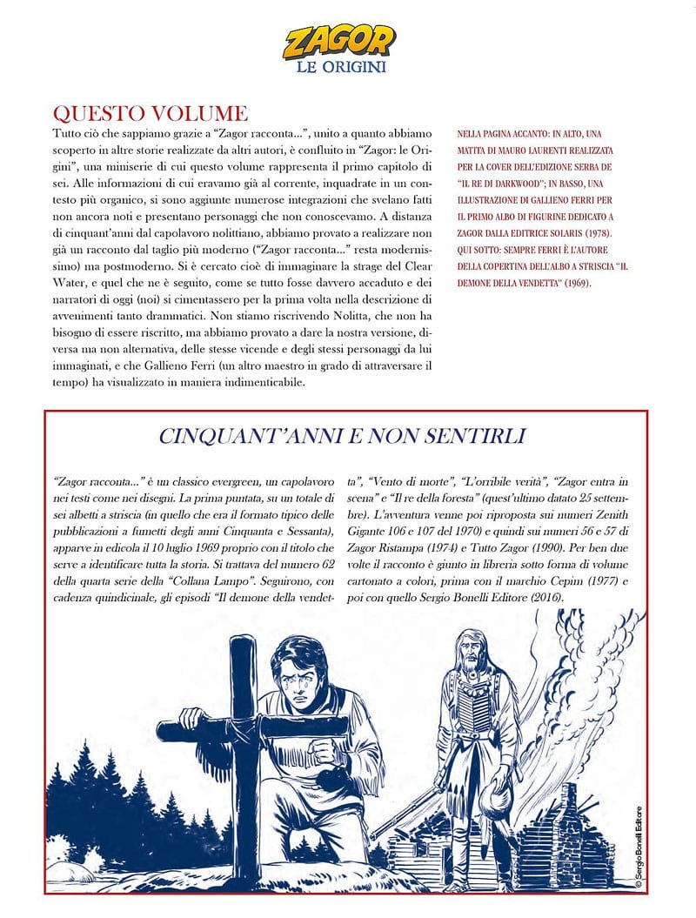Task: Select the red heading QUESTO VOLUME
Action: (x=151, y=114)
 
